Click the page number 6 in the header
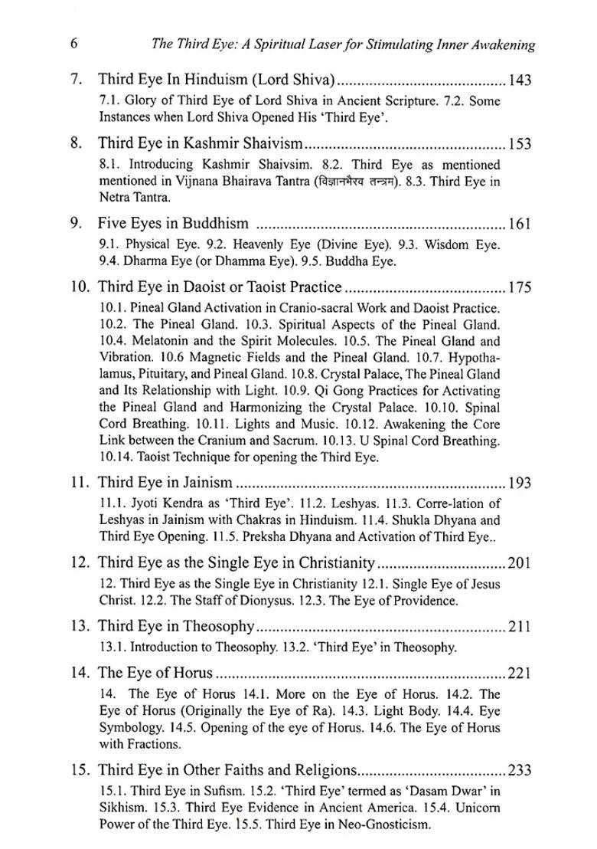coord(73,43)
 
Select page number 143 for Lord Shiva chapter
coord(519,79)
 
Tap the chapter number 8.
coord(75,143)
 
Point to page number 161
coord(520,224)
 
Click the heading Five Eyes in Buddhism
coord(173,224)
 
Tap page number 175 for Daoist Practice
coord(519,287)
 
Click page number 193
coord(519,483)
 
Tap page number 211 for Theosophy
coord(519,626)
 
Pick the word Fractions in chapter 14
coord(150,743)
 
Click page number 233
coord(519,770)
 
